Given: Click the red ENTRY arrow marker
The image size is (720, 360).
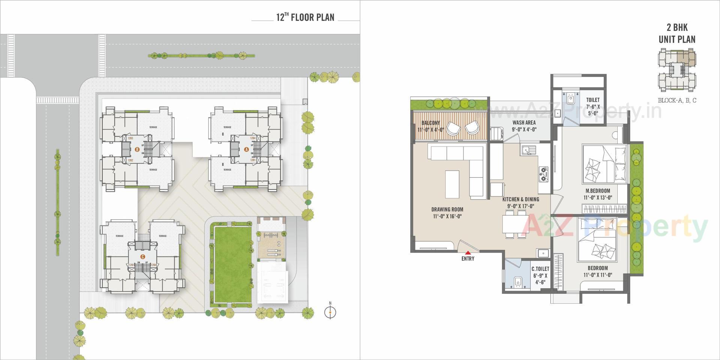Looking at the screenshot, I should point(468,253).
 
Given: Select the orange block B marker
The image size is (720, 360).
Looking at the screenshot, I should point(137,150).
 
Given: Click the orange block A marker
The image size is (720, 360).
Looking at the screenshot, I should point(246,149).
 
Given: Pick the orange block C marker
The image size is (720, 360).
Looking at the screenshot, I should point(142,257).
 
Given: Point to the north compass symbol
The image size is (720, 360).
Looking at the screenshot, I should point(330,312).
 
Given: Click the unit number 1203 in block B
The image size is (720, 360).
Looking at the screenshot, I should point(130,138).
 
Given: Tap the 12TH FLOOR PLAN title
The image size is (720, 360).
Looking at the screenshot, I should point(305,17).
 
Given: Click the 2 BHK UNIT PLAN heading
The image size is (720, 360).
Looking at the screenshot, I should point(677,33).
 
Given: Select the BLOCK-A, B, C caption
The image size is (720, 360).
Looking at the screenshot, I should point(677,100).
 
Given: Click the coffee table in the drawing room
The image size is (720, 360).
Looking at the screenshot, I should point(452,184).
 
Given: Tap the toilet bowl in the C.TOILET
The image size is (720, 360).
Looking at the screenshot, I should point(517,281).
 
